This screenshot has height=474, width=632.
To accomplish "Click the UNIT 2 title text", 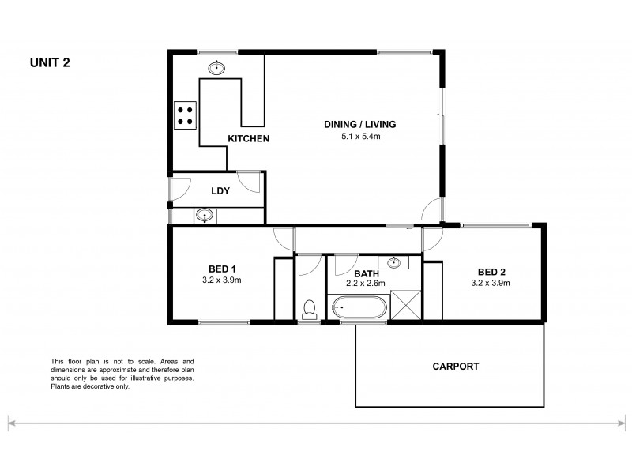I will [x=50, y=63].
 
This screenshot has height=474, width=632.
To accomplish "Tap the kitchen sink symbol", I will [x=216, y=68].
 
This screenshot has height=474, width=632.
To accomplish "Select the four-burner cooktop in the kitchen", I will [x=186, y=116].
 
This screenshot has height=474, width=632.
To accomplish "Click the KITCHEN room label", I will [x=249, y=139].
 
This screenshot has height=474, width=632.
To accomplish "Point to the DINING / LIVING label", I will [x=359, y=125].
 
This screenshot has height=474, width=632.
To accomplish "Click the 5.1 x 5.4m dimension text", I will [x=359, y=137].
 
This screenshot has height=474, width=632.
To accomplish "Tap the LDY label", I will [x=220, y=191].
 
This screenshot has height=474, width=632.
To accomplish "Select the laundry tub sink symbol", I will [x=205, y=214].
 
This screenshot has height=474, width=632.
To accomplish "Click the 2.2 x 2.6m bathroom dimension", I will [x=365, y=283].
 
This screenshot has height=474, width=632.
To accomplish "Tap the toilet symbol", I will [x=310, y=307].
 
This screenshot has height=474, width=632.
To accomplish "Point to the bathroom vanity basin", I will [x=393, y=262].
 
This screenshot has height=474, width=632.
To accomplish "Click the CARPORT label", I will [x=456, y=367].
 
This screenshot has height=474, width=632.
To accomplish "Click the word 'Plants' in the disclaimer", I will [x=61, y=387].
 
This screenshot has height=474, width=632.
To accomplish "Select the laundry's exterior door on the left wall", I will [x=177, y=188].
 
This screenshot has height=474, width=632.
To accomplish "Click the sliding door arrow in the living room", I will [x=437, y=116].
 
